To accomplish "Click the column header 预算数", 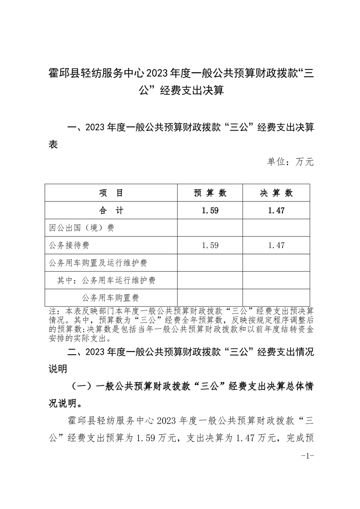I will (x=210, y=193).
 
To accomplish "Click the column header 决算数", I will (x=276, y=193).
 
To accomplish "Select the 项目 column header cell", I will (x=111, y=193).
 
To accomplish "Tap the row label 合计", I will (x=111, y=210).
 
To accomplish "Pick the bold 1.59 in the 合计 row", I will (x=210, y=210).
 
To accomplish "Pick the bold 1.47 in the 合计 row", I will (x=276, y=210).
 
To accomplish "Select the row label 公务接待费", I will (x=69, y=245).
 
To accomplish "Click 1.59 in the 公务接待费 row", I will (x=210, y=245).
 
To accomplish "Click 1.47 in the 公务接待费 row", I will (x=276, y=245).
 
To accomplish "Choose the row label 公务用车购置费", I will (x=110, y=298).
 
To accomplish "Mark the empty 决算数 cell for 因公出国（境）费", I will (x=276, y=228).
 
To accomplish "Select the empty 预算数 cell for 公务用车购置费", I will (x=210, y=298).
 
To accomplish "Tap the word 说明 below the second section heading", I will (x=58, y=368).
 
